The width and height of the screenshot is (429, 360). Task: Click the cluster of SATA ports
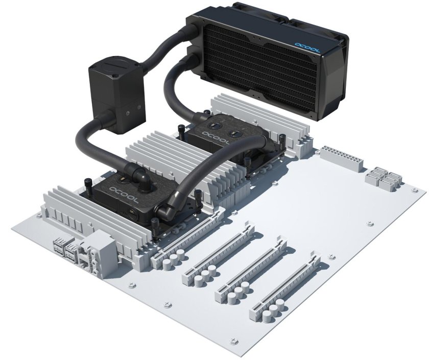click(382, 178)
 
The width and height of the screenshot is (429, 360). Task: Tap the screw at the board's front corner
click(233, 339)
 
